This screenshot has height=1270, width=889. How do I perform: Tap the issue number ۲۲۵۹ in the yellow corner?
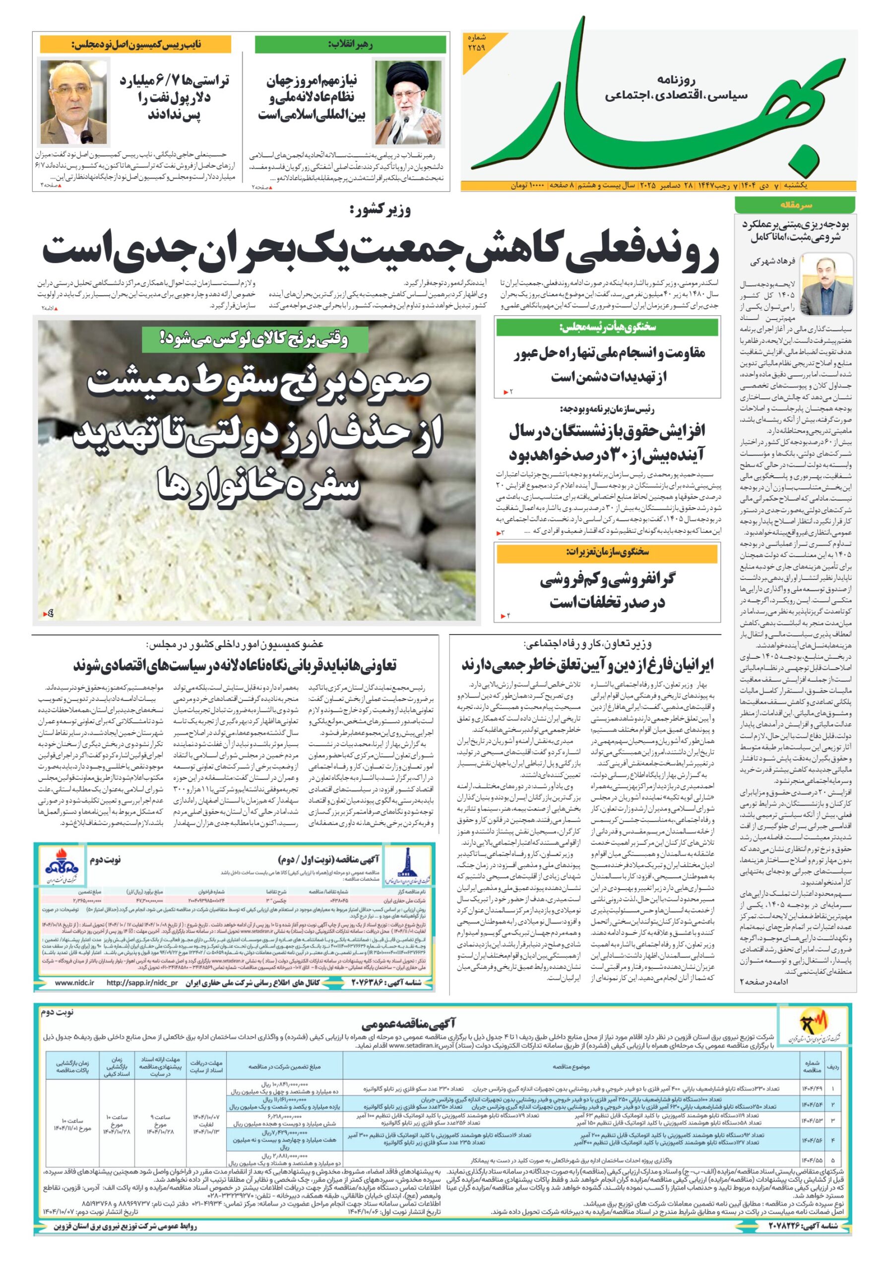pos(476,43)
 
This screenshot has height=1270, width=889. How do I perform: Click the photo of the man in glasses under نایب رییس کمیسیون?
pos(73,102)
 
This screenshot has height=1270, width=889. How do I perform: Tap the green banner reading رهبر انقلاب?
pos(350,45)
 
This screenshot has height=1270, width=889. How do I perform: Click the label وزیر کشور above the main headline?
pos(380,211)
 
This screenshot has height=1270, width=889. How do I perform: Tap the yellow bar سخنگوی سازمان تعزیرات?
pos(607,552)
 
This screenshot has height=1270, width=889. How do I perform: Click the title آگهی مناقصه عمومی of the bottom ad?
pos(408,1023)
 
